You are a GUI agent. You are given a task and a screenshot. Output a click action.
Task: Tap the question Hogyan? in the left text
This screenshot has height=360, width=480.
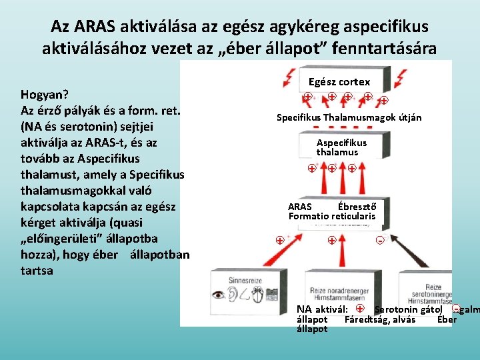[x=45, y=94]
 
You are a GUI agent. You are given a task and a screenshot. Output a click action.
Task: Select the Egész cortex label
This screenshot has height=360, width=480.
[x=339, y=82]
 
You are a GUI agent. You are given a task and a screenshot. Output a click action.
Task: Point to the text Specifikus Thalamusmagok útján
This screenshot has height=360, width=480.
[x=349, y=118]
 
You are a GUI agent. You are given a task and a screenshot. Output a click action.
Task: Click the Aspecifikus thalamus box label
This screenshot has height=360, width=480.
[x=341, y=147]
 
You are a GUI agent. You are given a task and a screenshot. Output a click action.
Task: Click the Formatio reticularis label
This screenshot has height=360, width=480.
[x=332, y=216]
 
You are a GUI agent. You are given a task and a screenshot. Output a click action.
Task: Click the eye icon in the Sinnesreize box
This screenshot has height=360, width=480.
[x=219, y=293]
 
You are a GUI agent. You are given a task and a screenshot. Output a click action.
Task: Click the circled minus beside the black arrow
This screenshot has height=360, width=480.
[x=379, y=240]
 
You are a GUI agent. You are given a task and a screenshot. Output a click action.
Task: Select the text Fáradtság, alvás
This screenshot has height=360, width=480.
[x=379, y=319]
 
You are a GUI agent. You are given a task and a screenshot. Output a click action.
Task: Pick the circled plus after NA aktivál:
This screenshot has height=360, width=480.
[x=360, y=309]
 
